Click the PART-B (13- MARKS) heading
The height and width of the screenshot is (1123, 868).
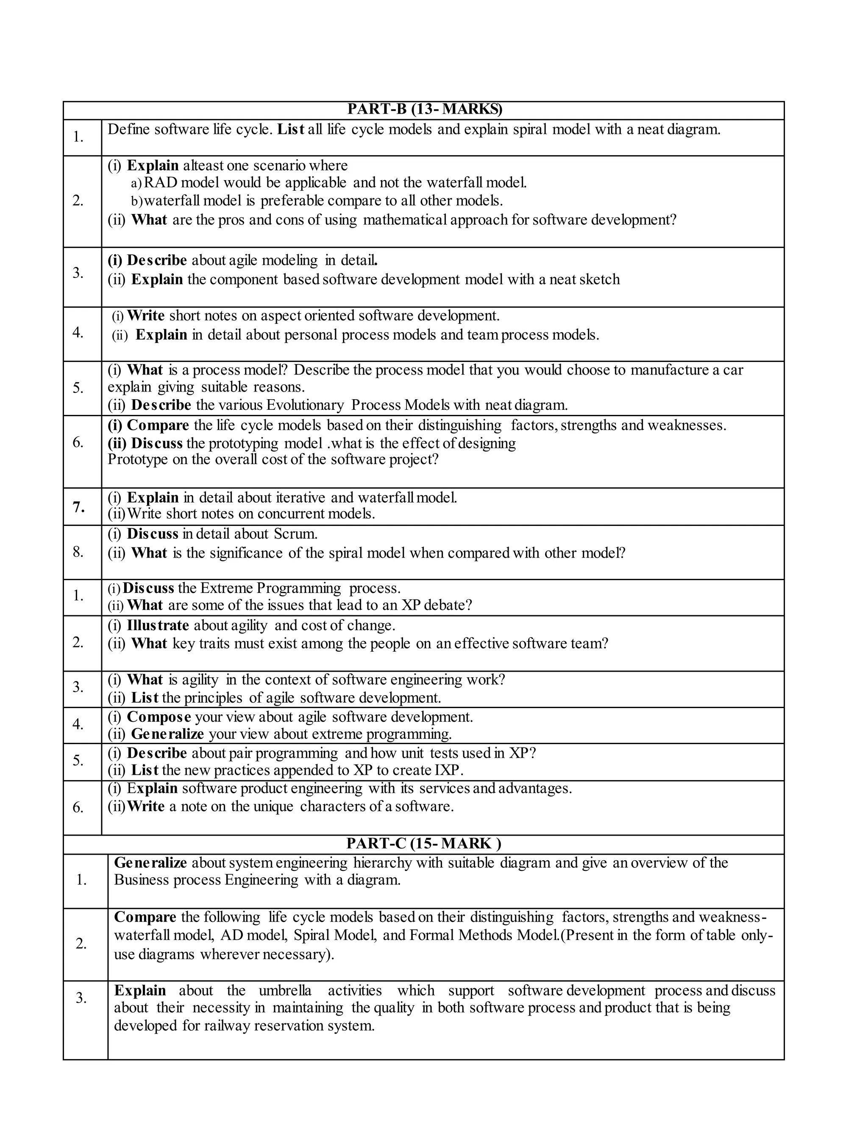[424, 109]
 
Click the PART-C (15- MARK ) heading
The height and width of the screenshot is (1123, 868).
[424, 844]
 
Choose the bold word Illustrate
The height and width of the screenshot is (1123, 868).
[158, 626]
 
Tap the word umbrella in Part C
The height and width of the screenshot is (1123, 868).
[285, 991]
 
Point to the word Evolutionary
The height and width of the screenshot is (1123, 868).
[305, 405]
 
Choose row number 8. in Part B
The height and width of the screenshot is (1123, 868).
[78, 552]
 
